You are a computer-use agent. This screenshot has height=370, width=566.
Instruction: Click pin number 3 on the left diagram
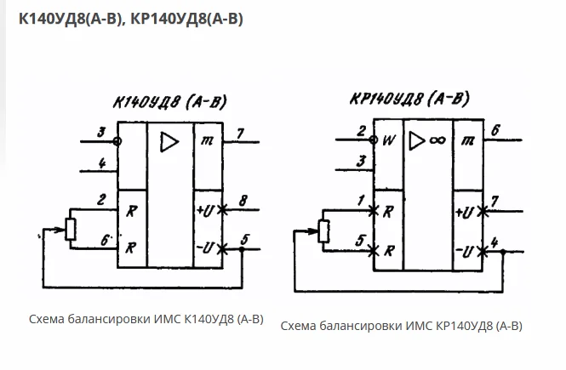coord(102,132)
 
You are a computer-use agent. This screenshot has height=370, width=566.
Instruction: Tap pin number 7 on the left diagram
coord(240,134)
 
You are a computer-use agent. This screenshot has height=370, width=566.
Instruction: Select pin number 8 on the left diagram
coord(243,201)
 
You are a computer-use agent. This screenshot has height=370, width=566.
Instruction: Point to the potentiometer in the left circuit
coord(71,229)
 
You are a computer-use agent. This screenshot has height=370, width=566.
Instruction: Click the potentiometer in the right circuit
coord(323,231)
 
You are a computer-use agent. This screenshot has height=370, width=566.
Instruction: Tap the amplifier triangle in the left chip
coord(169,142)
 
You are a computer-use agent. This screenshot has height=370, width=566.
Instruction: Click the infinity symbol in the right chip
coord(437,139)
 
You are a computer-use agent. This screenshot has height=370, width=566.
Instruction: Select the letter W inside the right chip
coord(389,140)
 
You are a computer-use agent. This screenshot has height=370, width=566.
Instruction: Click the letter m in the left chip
coord(207,140)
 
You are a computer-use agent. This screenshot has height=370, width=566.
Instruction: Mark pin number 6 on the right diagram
coord(495,130)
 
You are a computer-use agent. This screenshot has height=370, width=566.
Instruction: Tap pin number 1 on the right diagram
coord(362,200)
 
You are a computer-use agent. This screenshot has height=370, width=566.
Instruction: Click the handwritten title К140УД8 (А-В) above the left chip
coord(169,102)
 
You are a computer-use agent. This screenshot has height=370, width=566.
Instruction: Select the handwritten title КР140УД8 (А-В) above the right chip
coord(409,99)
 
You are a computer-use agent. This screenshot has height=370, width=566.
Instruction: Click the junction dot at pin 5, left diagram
coord(242,249)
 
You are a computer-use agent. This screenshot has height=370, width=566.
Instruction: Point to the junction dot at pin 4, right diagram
coord(503,252)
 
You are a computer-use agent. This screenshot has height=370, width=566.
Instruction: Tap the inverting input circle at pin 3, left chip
coord(117,141)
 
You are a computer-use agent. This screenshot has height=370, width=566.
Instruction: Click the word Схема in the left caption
coord(47,319)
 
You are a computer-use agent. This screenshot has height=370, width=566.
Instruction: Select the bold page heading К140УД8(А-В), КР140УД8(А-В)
coord(131,19)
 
